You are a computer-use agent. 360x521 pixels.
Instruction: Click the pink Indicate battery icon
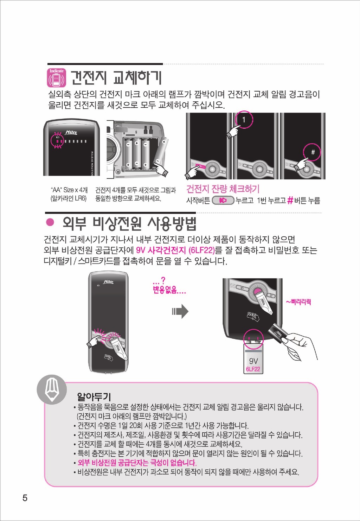point(57,78)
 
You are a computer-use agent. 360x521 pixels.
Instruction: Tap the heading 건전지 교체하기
point(116,78)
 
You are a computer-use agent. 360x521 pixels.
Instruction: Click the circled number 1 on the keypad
point(244,120)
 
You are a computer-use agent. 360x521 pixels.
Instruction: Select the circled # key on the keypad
point(312,152)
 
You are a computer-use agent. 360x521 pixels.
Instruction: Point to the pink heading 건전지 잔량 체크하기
point(223,189)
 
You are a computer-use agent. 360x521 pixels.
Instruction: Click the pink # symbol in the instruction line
point(290,200)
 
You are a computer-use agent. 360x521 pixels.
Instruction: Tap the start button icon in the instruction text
point(223,200)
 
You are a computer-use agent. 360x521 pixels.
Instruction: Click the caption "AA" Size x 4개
point(69,190)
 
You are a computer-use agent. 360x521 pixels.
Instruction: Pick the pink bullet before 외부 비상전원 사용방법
point(50,223)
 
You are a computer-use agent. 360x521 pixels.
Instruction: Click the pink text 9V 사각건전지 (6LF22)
point(175,250)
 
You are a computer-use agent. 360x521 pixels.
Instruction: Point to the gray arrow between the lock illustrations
point(180,311)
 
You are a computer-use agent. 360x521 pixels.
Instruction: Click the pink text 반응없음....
point(169,290)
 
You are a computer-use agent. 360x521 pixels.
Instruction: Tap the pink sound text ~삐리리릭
point(298,302)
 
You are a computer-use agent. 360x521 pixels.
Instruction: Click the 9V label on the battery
point(253,361)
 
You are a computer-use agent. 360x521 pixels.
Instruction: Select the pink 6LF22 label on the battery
point(253,369)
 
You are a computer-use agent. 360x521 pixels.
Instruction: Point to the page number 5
point(25,498)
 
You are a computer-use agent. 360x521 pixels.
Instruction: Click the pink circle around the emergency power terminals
point(244,339)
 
